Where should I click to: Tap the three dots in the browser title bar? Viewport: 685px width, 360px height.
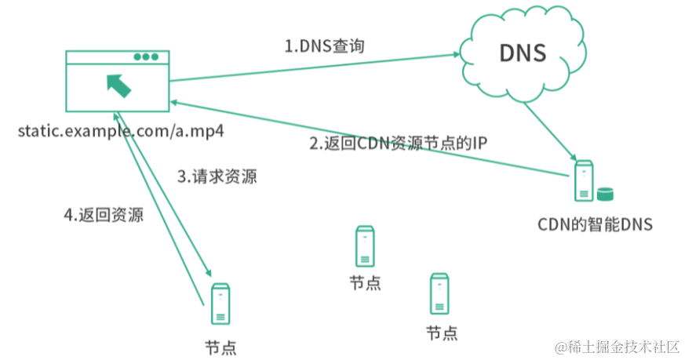(x=146, y=57)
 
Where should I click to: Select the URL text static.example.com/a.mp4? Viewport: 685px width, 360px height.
(x=122, y=130)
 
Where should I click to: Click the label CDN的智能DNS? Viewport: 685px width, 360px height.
(x=595, y=224)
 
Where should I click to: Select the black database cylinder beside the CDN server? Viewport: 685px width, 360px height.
(x=604, y=194)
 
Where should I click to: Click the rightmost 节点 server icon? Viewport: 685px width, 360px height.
(x=440, y=293)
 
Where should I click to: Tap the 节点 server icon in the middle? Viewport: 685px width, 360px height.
(x=365, y=245)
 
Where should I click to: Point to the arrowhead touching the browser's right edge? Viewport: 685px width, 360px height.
(x=177, y=102)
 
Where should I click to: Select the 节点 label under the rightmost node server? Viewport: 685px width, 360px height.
(x=441, y=333)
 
